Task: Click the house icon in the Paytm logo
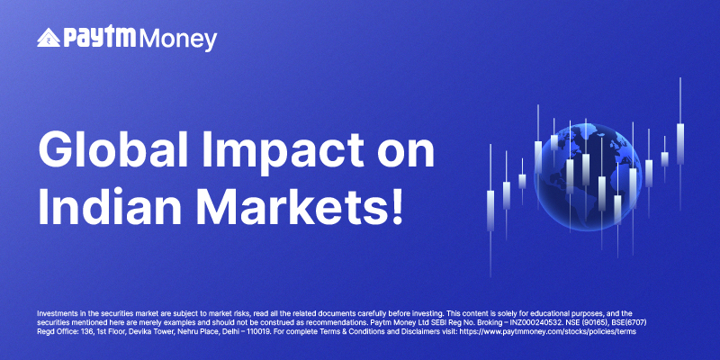pos(49,38)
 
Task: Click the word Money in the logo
pos(177,40)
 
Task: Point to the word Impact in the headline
pos(280,151)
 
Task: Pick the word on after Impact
pos(403,154)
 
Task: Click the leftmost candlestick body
pos(490,211)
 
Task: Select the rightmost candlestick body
pos(680,144)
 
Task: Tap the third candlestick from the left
pos(522,181)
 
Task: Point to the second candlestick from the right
pos(664,159)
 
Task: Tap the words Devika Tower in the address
pos(132,331)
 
